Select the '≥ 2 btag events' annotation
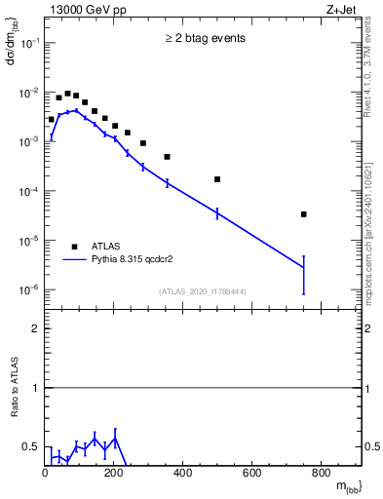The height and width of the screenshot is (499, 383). point(204,39)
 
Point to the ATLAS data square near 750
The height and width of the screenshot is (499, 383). point(331,214)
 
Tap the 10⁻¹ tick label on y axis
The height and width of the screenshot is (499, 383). point(29,43)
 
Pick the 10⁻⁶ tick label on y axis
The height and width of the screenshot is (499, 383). point(29,289)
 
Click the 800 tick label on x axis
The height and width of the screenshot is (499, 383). point(322,474)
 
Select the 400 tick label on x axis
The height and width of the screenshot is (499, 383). point(183,474)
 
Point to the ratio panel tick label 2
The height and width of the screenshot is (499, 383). point(36,328)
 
